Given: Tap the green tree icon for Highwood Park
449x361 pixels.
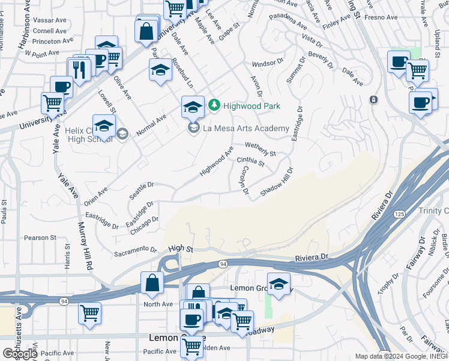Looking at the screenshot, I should (x=214, y=106).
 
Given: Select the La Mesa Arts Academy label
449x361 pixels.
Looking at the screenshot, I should (x=246, y=128).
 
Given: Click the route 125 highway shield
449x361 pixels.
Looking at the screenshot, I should (x=399, y=214).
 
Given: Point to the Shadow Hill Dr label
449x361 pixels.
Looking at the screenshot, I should (x=276, y=182).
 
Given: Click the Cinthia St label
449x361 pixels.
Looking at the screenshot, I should (x=251, y=161).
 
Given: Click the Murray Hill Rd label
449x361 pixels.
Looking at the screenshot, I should (x=85, y=245).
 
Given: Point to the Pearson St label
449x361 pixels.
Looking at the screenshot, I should (x=40, y=238).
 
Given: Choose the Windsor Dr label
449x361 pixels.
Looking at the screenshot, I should (x=267, y=63).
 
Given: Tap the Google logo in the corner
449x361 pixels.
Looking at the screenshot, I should (x=20, y=354).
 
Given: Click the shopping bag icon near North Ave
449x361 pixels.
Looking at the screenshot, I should (x=152, y=283).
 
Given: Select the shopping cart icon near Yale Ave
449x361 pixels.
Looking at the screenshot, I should (x=53, y=103).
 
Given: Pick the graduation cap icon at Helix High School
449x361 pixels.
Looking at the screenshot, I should (x=104, y=127).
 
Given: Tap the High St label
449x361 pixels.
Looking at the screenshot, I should (x=181, y=248).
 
